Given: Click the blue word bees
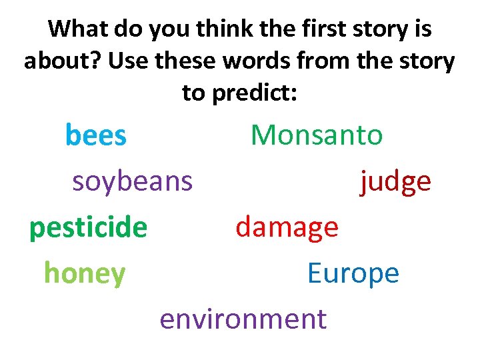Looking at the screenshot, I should coord(95,136).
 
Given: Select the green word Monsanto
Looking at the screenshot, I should coord(317,136).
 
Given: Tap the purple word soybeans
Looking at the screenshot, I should coord(132,181).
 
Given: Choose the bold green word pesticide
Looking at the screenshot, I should coord(88,228).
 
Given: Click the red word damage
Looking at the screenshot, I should coord(287,228).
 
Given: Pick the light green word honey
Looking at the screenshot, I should coord(85,273).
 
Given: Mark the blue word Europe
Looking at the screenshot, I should coord(353,273).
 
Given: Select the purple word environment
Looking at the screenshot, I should coord(243,319).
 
